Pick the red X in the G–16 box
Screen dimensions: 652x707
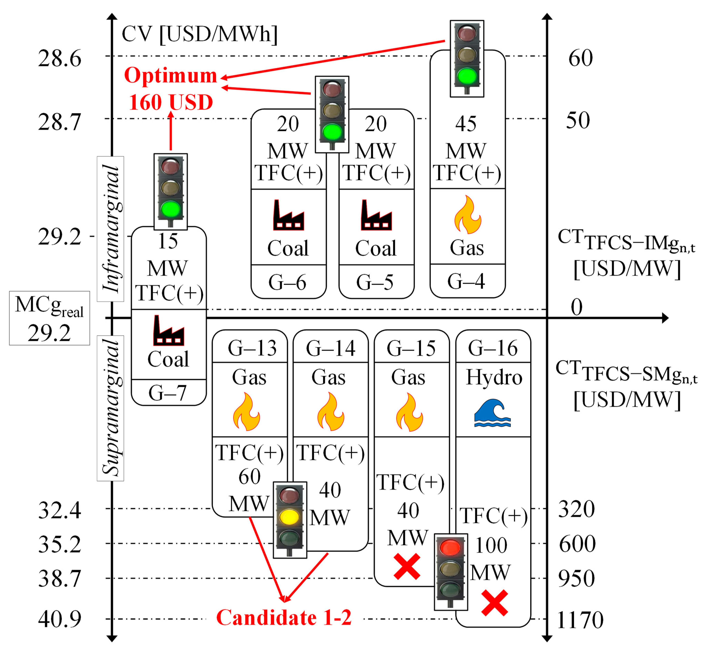[x=494, y=603]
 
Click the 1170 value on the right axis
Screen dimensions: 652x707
[x=580, y=620]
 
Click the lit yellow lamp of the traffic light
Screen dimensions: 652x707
[x=289, y=517]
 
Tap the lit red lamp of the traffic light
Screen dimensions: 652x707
[x=450, y=548]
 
